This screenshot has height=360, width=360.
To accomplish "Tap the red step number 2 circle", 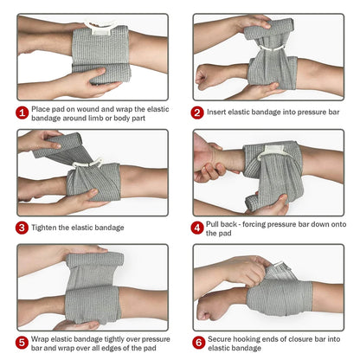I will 197,112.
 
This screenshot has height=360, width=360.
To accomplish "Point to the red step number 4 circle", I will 197,228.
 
